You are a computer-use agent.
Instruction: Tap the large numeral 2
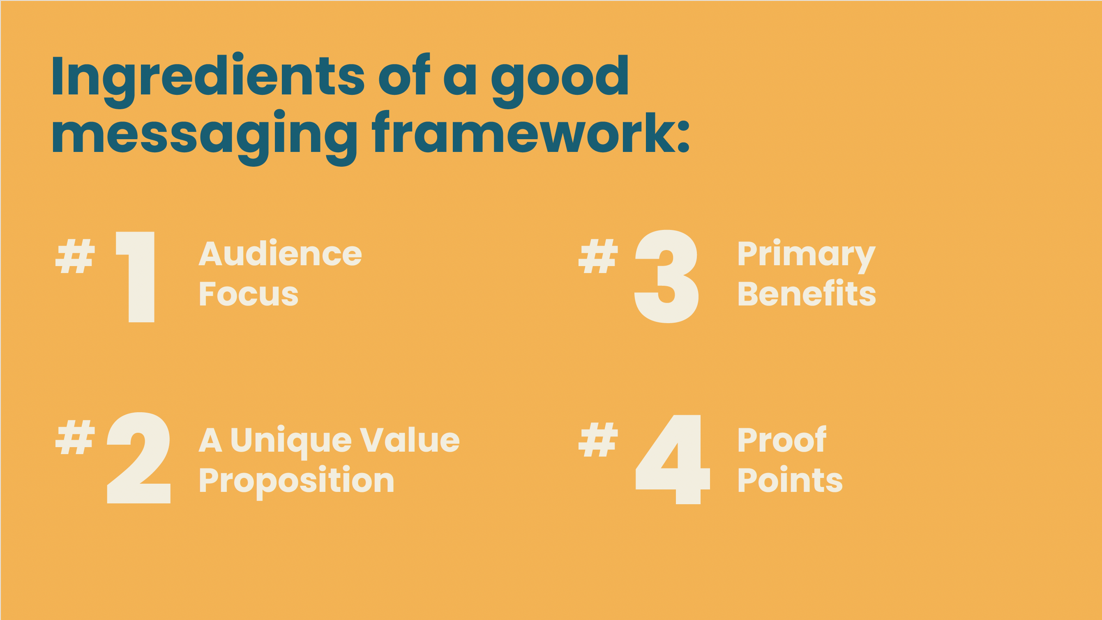139,458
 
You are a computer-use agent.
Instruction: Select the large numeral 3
666,276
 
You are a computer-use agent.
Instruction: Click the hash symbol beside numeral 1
75,256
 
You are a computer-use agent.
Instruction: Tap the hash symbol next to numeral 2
75,437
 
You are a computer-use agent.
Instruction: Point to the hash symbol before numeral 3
598,256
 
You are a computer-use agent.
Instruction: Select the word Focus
249,294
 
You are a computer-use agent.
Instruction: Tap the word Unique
291,441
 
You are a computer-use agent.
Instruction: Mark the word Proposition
297,481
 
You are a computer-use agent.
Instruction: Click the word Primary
807,255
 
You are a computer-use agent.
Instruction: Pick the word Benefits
807,294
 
